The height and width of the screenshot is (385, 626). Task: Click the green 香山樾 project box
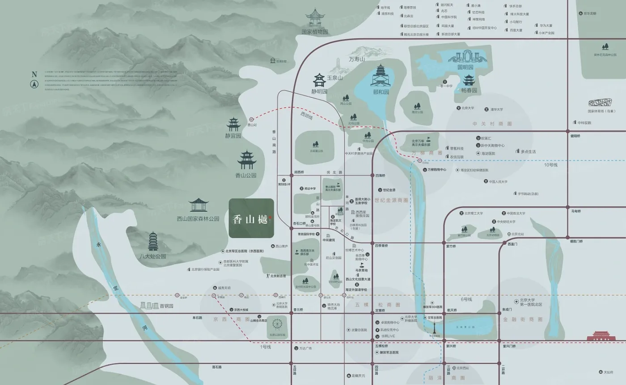click(x=251, y=218)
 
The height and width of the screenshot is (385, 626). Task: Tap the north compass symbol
click(x=34, y=84)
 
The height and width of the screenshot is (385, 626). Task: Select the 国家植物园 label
click(x=315, y=32)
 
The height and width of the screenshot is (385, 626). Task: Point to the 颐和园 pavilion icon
click(x=381, y=76)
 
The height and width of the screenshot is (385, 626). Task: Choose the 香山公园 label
click(x=246, y=176)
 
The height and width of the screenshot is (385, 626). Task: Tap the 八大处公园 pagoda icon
click(x=153, y=242)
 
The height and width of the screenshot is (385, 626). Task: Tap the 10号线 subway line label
click(x=551, y=165)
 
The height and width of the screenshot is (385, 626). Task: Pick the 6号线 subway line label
click(x=466, y=299)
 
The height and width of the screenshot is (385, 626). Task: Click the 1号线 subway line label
click(x=266, y=347)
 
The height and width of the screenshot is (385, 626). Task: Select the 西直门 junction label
click(x=512, y=244)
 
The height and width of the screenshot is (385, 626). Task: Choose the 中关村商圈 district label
click(x=492, y=124)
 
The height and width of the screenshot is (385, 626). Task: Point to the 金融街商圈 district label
click(x=523, y=319)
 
